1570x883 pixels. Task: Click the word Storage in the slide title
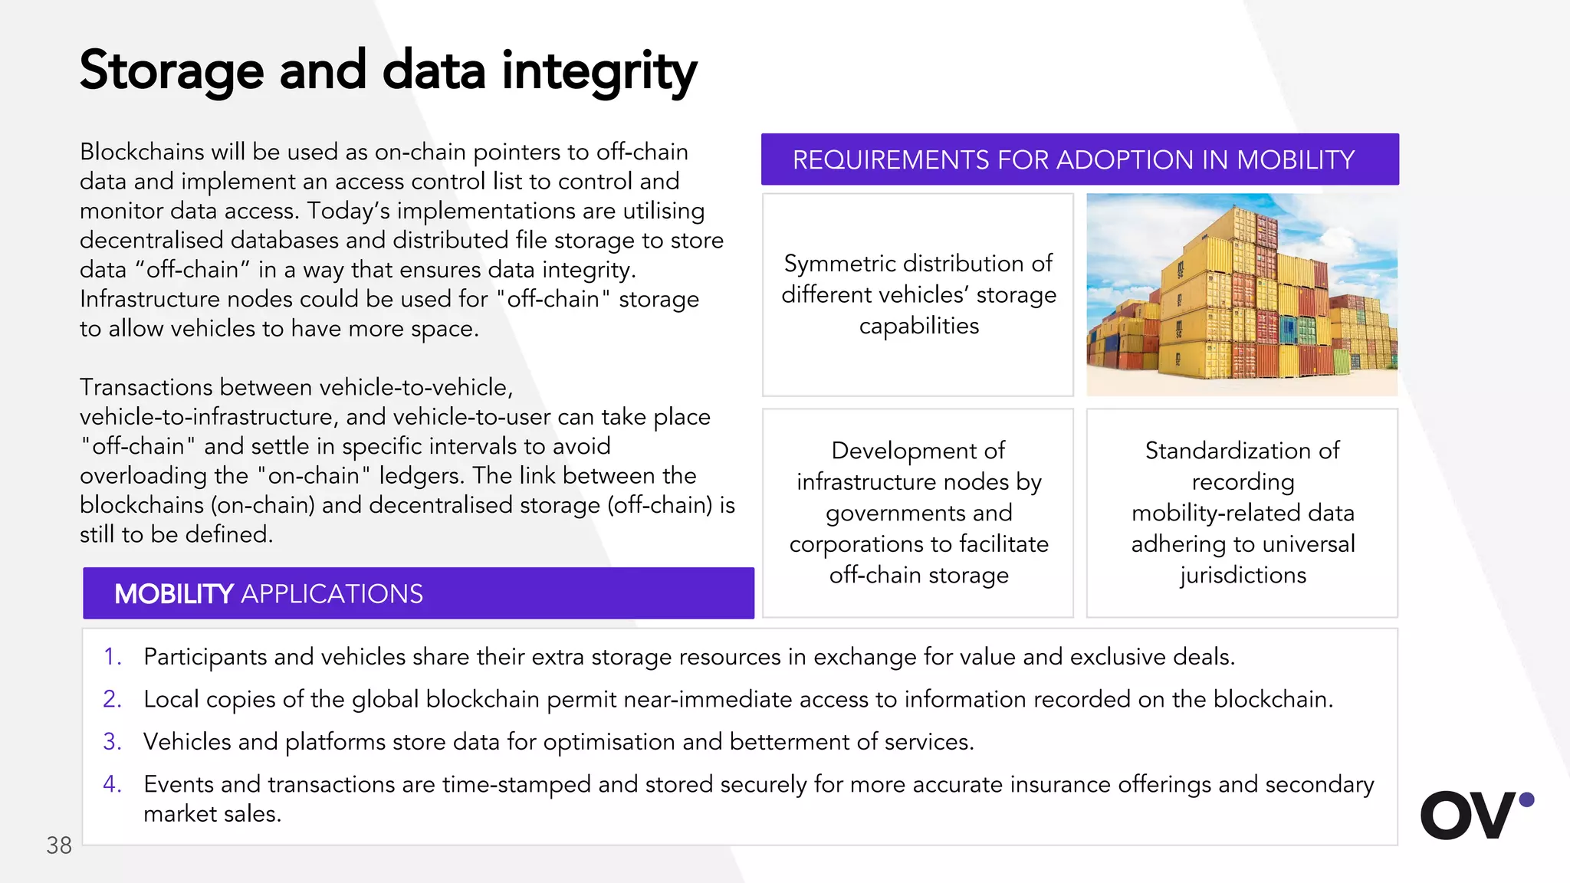172,71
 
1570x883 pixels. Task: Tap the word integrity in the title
599,71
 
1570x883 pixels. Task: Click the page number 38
59,845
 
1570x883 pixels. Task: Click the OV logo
1469,815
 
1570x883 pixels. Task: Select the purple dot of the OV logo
1526,799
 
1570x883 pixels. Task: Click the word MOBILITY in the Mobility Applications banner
173,594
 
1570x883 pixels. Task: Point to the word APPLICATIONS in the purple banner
332,594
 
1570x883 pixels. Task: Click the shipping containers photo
1242,295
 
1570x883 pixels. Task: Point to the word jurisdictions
1243,575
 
